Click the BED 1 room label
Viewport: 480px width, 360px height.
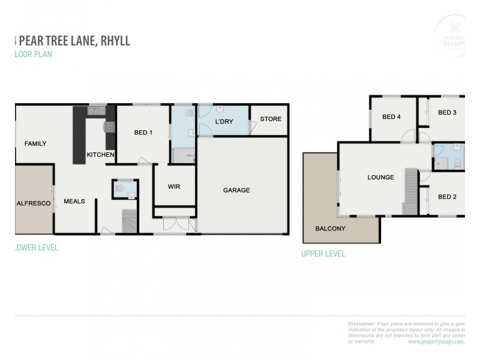(143, 133)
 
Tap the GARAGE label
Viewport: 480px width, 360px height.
(236, 190)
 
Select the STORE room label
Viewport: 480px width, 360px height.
(271, 119)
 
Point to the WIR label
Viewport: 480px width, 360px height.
(173, 187)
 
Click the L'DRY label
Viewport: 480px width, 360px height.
(224, 122)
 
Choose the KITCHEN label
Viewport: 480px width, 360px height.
(100, 155)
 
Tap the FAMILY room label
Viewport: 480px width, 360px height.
(35, 143)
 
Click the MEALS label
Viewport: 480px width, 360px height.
(74, 202)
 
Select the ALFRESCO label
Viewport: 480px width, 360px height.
(31, 203)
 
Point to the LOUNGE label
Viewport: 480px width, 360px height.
(381, 178)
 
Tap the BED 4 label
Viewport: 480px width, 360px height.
(391, 117)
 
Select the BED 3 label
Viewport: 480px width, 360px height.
(447, 112)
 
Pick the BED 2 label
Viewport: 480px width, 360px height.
(447, 196)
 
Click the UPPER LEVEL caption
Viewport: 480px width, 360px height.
(323, 254)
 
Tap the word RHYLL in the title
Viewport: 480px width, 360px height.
(111, 41)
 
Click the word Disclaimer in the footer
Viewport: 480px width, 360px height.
(362, 323)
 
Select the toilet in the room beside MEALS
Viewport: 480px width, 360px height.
(120, 190)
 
